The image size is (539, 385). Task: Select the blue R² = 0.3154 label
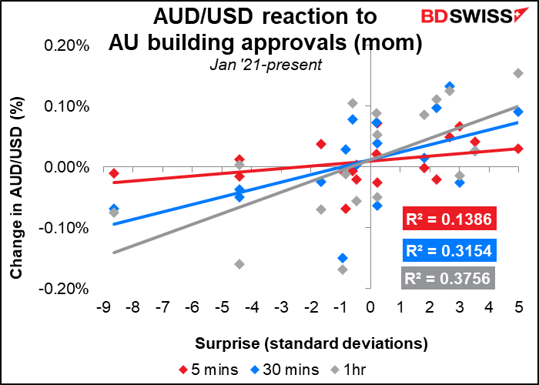click(x=450, y=250)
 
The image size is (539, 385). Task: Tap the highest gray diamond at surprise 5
click(x=518, y=73)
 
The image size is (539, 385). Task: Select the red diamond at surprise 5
click(x=519, y=149)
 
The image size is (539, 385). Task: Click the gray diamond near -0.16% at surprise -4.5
click(x=239, y=264)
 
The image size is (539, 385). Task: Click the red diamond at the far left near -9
click(x=114, y=173)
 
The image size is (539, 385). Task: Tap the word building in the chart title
click(x=259, y=42)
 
